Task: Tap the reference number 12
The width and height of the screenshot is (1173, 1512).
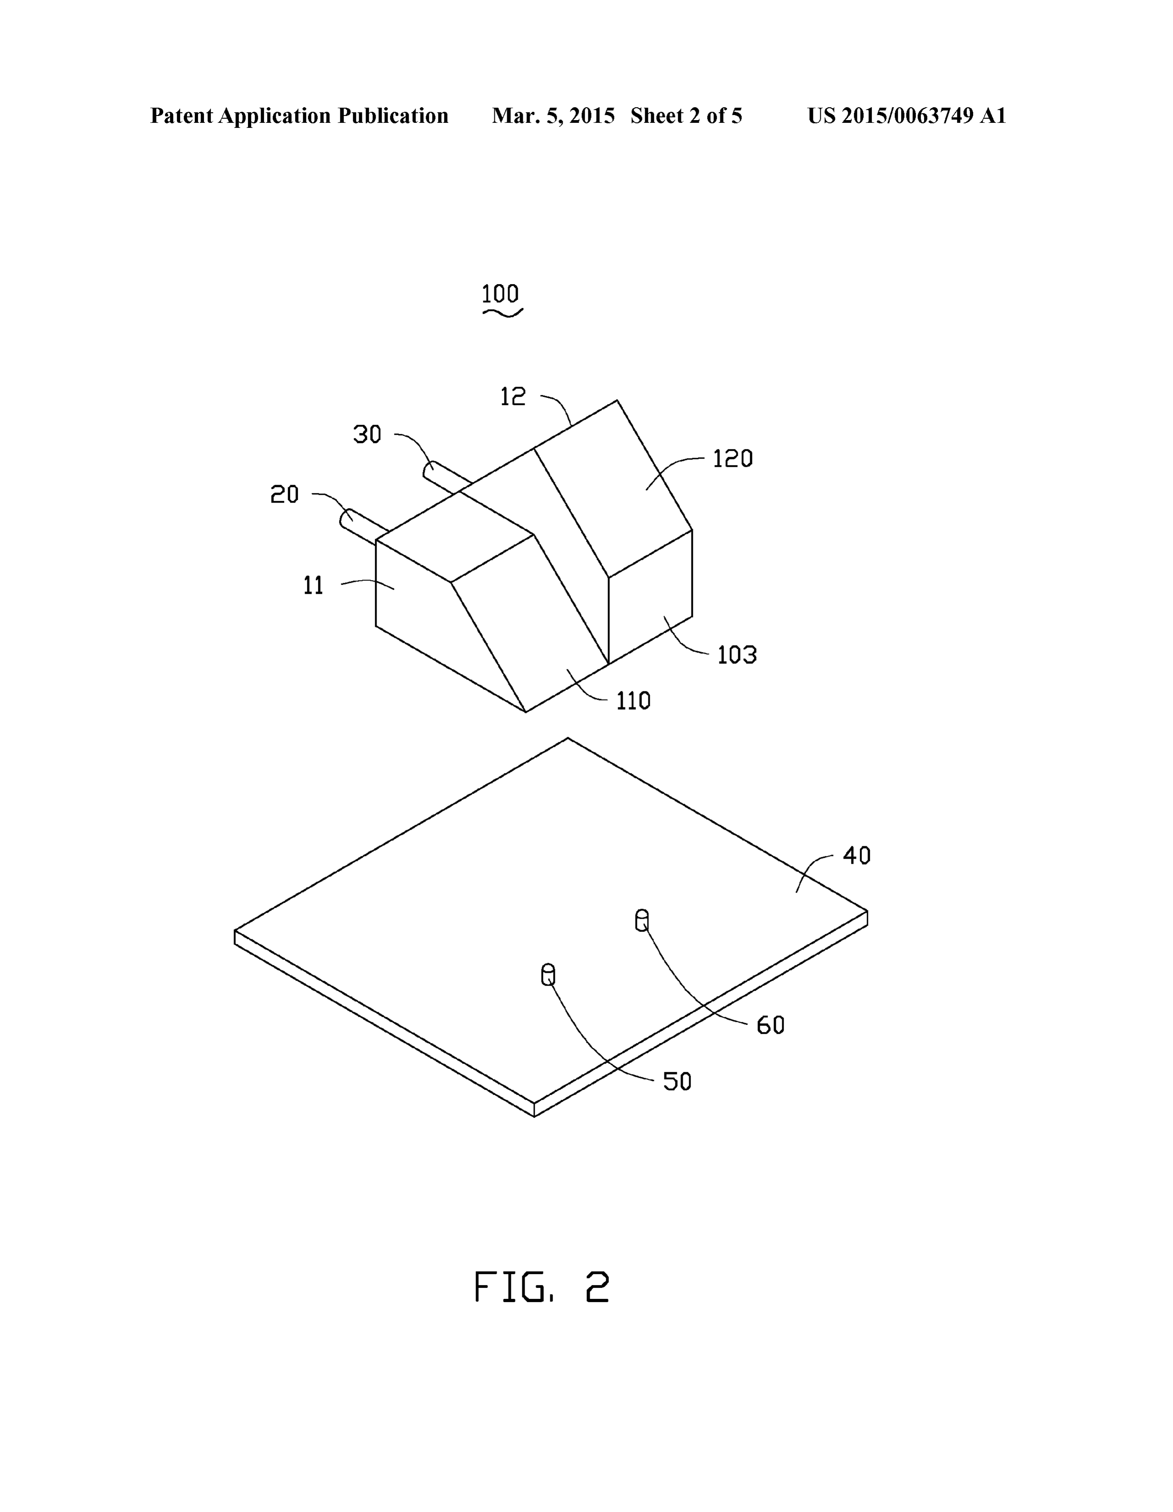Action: tap(513, 397)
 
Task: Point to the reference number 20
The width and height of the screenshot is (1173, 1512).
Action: tap(284, 494)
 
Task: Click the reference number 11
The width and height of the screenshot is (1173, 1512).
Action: tap(314, 586)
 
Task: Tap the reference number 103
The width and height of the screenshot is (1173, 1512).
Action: tap(737, 654)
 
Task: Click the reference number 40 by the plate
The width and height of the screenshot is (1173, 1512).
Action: tap(856, 856)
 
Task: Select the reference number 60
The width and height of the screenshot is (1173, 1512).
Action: tap(770, 1025)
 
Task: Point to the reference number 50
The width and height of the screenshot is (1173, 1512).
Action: tap(677, 1081)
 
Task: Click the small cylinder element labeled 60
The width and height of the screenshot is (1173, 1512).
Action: tap(642, 920)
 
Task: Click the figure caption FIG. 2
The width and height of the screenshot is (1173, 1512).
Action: tap(542, 1287)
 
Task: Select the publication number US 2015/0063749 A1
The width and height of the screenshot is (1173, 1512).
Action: tap(906, 115)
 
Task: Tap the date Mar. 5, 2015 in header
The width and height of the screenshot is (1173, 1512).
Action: tap(553, 115)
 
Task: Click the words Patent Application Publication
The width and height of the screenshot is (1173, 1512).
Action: tap(299, 115)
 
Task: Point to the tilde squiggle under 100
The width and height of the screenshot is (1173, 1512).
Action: tap(503, 313)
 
